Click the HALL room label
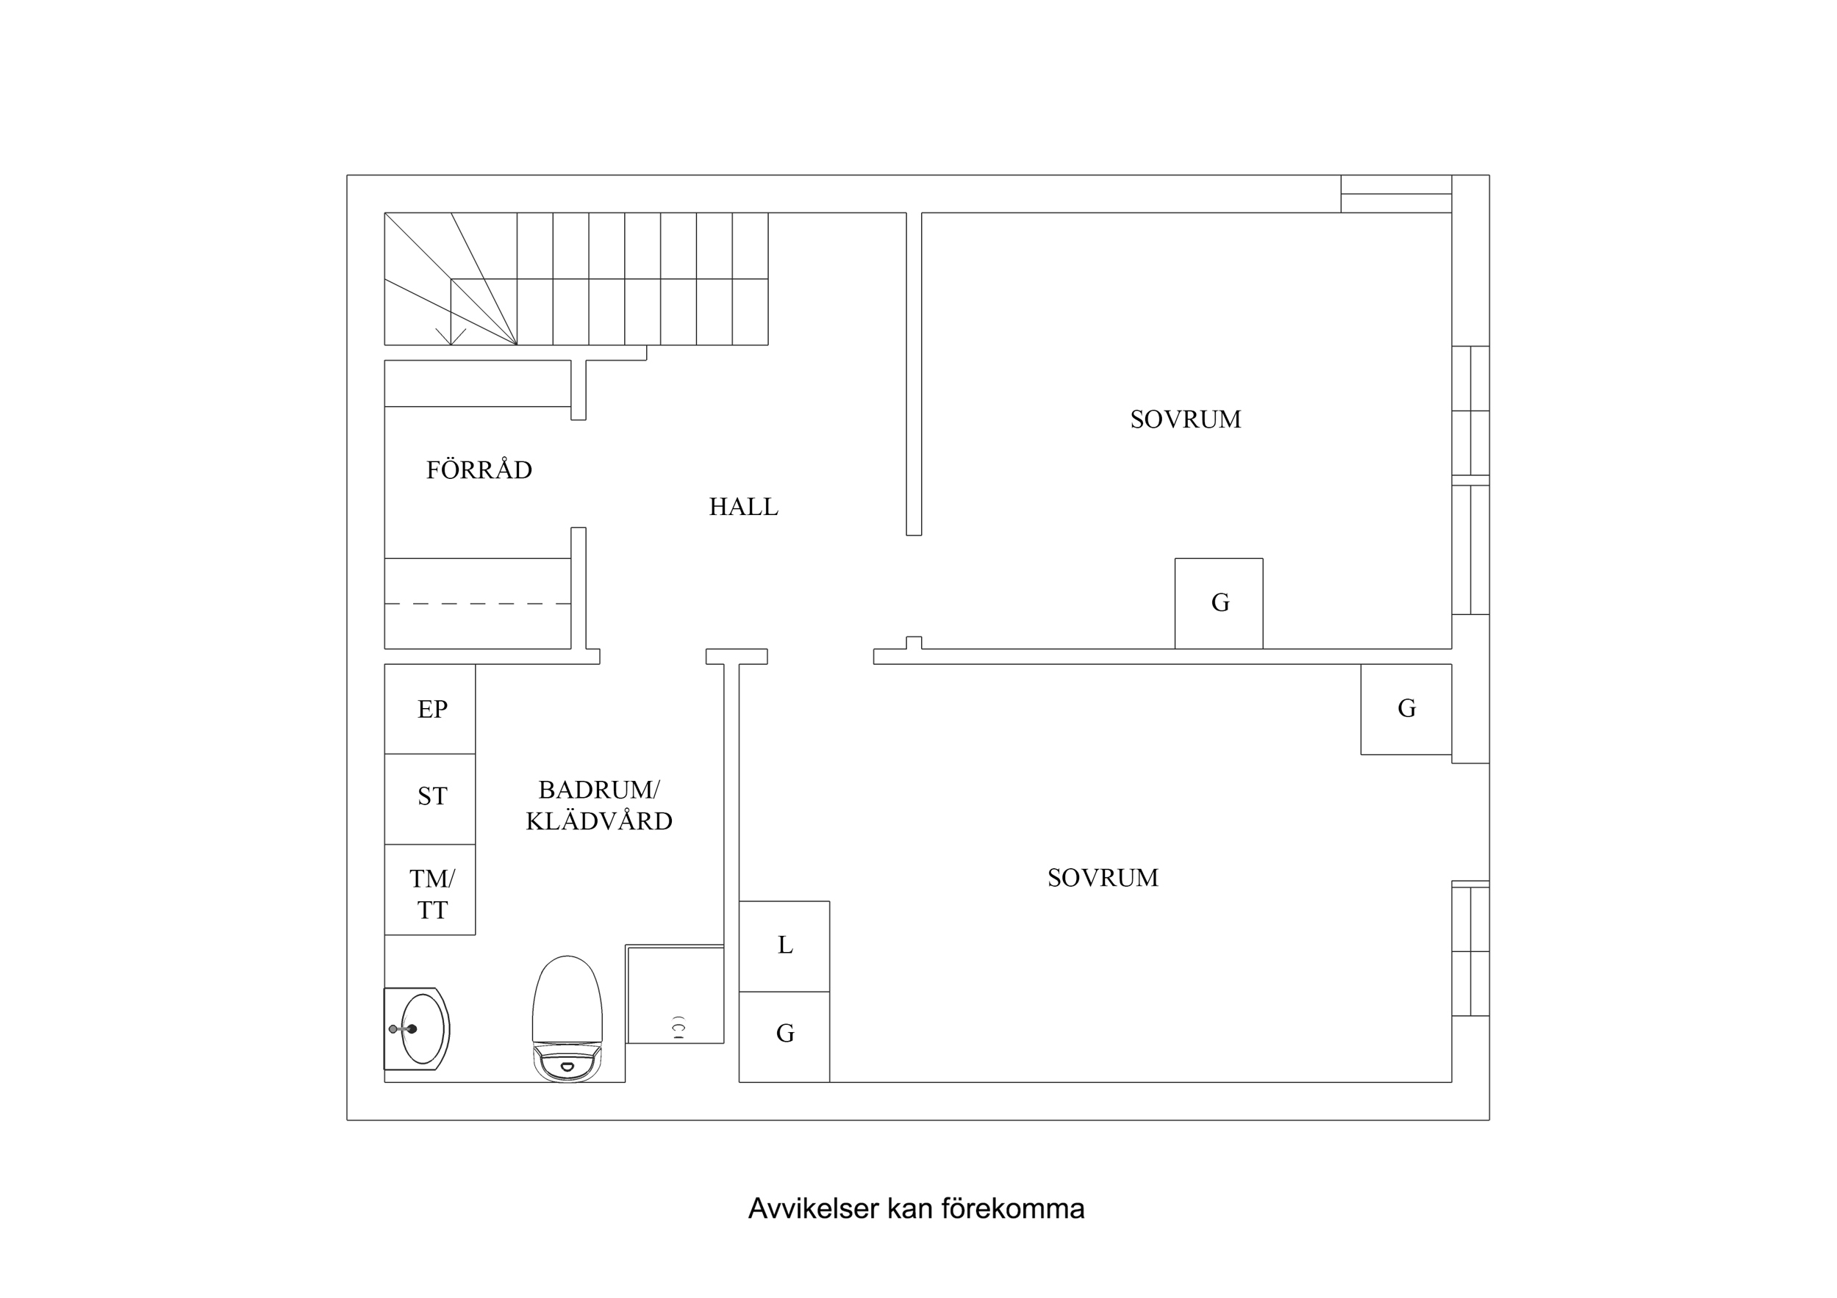(x=743, y=507)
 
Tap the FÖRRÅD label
(x=479, y=470)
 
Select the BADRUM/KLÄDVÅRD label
(x=598, y=805)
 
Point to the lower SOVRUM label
(x=1103, y=878)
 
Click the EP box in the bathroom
(x=431, y=710)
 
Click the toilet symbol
(x=567, y=1019)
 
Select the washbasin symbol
(x=418, y=1029)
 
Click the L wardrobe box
(x=784, y=946)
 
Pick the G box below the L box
(x=784, y=1035)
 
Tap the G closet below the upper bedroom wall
(x=1405, y=709)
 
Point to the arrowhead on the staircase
(x=451, y=339)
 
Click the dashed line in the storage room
(x=478, y=603)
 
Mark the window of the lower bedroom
(x=1471, y=949)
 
